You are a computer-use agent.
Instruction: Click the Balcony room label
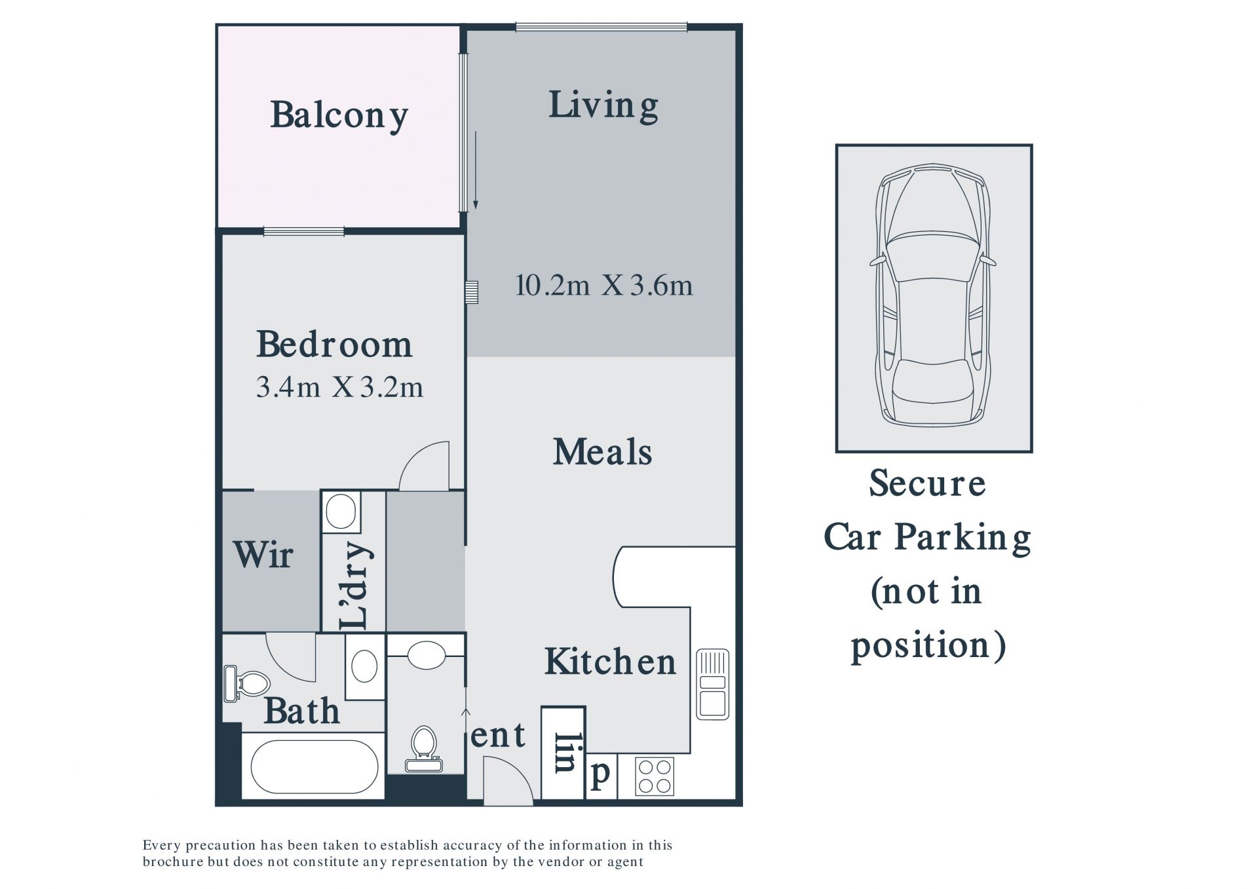(x=339, y=116)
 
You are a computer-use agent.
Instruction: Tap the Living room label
(x=603, y=106)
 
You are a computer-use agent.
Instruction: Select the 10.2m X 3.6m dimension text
(x=603, y=286)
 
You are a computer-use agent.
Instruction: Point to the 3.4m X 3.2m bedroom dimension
(x=339, y=387)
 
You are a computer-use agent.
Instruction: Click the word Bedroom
(x=334, y=344)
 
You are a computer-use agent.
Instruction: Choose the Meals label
(x=602, y=452)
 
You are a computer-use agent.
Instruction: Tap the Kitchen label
(x=610, y=661)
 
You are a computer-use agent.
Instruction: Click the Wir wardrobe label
(x=263, y=554)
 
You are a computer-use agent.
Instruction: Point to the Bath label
(x=301, y=711)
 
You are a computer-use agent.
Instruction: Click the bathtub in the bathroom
(x=314, y=767)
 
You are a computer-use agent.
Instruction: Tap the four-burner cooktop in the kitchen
(x=654, y=776)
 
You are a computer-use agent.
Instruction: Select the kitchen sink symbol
(x=712, y=684)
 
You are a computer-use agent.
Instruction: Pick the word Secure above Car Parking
(x=927, y=483)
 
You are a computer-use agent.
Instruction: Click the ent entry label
(x=498, y=735)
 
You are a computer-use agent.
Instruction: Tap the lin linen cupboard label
(x=565, y=751)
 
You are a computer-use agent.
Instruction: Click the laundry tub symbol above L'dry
(x=341, y=511)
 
